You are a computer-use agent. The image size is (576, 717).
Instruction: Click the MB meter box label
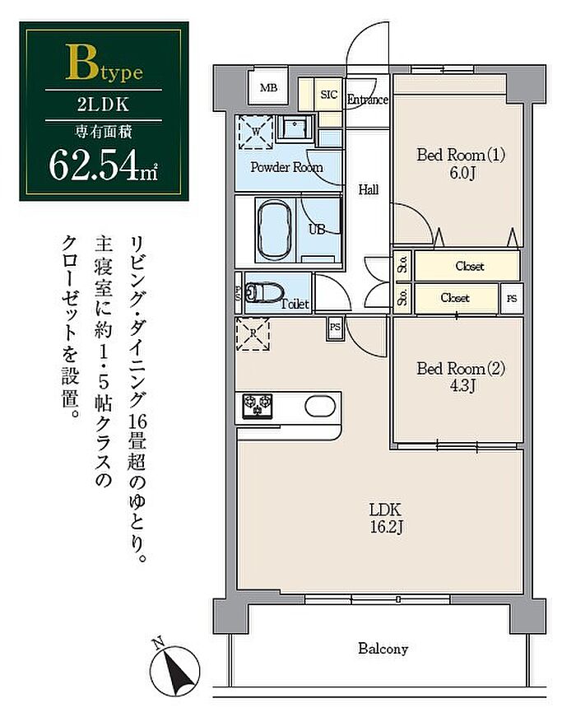coord(268,87)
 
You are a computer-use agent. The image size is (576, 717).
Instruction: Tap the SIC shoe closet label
coord(328,95)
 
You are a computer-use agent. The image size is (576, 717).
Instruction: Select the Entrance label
coord(368,100)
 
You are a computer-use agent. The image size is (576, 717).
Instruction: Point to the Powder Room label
coord(286,167)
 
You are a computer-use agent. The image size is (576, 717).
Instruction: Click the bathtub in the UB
coord(274,230)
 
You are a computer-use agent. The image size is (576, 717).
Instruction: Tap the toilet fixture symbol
coord(264,292)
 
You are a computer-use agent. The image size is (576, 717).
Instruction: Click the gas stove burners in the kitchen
coord(258,406)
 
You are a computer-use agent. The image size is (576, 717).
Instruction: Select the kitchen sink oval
coord(320,406)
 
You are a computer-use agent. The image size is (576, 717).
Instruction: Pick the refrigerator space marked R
coord(253,334)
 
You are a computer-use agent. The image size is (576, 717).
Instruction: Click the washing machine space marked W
coord(256,132)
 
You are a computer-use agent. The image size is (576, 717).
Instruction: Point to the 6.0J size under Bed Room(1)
coord(461,173)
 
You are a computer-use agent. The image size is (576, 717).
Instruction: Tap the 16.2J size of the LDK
coord(386,527)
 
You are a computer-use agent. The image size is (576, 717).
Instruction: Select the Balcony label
coord(383,649)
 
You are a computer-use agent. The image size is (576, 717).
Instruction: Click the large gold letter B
coord(81,63)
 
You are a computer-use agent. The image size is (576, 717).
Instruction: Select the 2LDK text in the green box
coord(104,105)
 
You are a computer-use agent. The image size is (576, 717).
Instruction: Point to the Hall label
coord(369,189)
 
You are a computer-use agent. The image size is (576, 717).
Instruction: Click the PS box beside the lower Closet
coord(512,299)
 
